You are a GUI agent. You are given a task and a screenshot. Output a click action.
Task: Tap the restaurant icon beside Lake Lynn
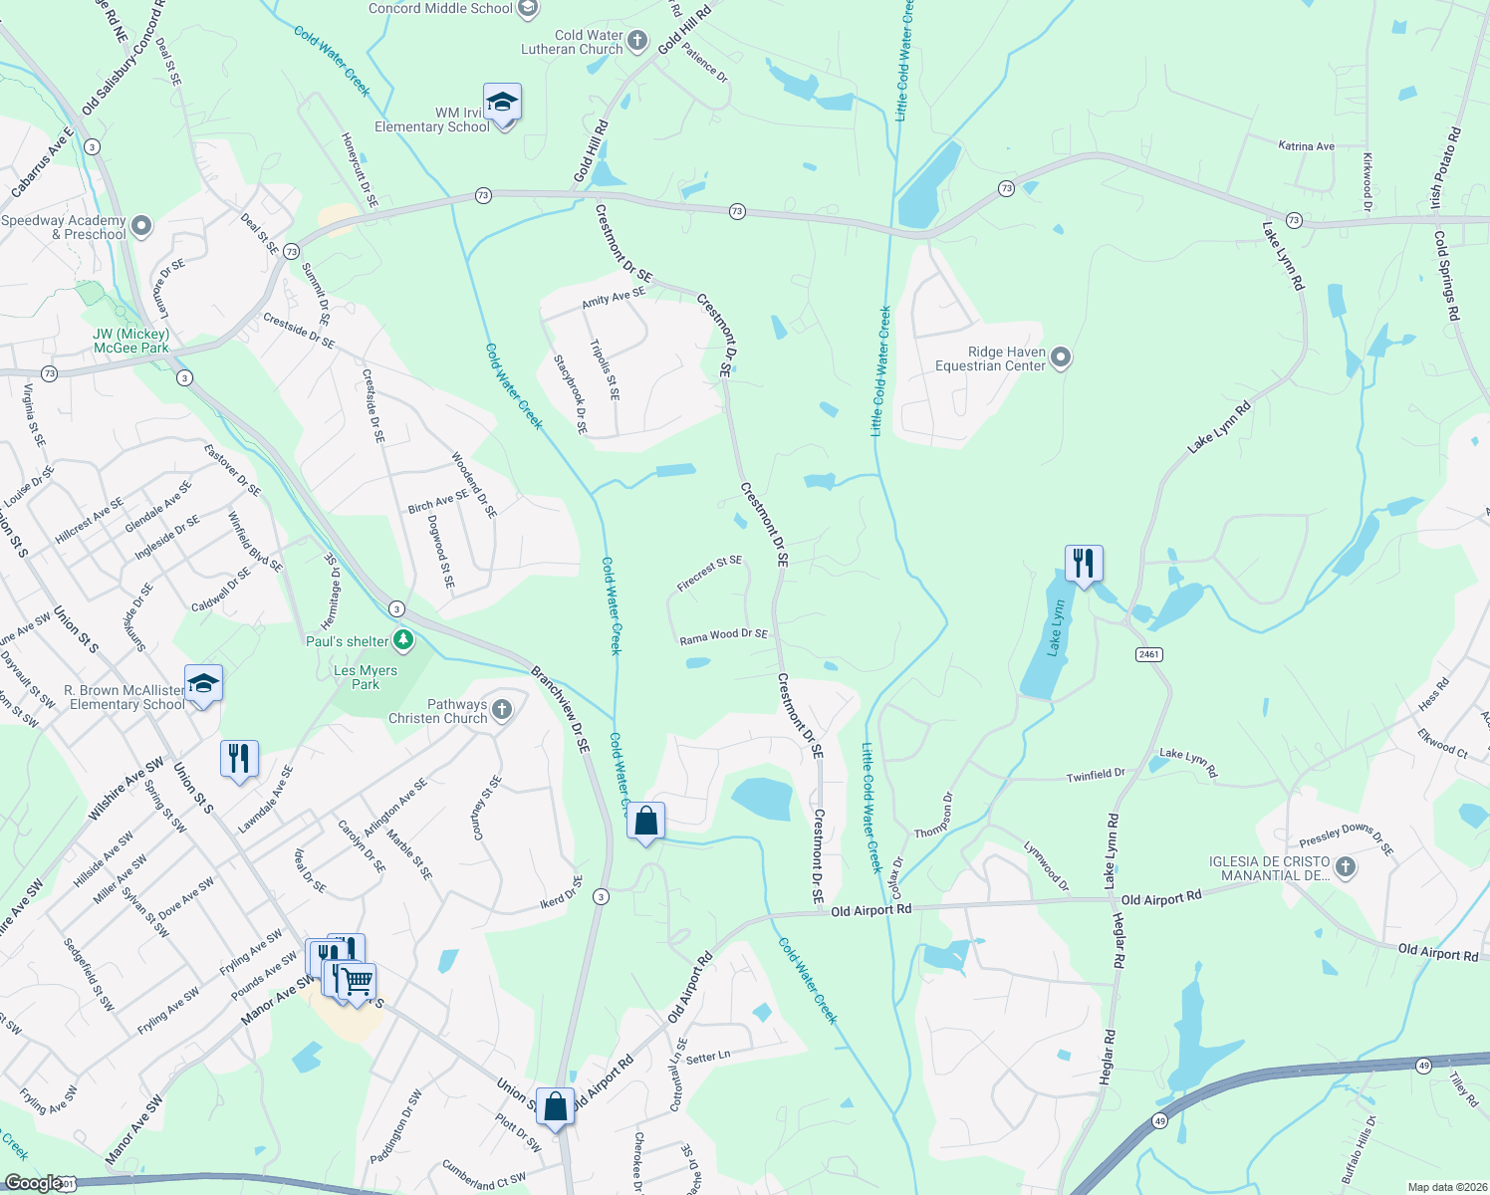(x=1083, y=564)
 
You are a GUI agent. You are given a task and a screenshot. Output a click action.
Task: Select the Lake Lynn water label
(x=1056, y=628)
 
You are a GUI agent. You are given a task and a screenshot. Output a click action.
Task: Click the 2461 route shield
(x=1148, y=654)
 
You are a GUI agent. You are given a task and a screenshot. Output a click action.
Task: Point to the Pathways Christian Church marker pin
(x=502, y=710)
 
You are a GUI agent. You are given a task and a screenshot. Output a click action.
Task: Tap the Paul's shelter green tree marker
(x=403, y=640)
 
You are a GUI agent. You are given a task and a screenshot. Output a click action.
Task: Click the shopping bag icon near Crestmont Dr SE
(x=646, y=822)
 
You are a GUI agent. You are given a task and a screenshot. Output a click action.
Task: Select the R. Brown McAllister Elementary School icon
(x=203, y=684)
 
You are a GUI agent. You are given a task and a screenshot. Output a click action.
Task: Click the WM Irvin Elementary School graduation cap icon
(x=502, y=103)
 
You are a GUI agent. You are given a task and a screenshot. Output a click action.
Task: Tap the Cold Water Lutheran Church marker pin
(x=637, y=42)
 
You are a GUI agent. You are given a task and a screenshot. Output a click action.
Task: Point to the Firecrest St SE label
(x=709, y=574)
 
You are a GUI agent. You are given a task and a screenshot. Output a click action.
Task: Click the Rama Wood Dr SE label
(x=723, y=635)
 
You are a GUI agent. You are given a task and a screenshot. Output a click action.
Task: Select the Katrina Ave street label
(x=1306, y=146)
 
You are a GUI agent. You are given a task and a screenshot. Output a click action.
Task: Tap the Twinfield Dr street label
(x=1096, y=775)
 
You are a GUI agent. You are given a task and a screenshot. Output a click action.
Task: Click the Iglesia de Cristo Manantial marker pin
(x=1346, y=867)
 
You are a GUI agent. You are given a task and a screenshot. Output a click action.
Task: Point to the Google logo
(x=33, y=1183)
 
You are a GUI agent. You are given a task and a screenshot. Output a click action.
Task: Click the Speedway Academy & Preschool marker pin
(x=141, y=226)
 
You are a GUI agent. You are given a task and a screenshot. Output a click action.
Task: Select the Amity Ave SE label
(x=614, y=296)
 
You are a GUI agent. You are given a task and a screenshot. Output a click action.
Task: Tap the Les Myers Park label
(x=366, y=677)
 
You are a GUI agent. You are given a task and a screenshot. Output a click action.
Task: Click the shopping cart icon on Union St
(x=357, y=982)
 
